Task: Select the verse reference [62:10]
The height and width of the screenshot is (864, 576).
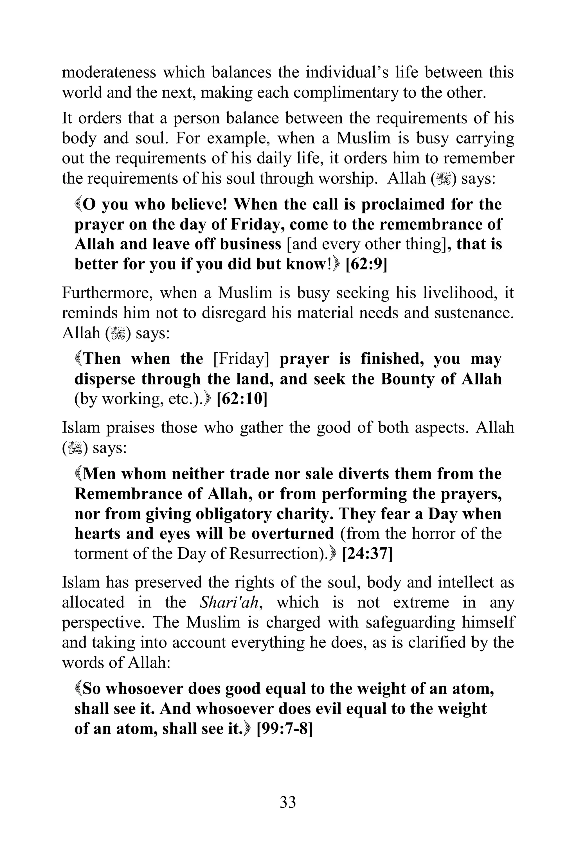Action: [242, 399]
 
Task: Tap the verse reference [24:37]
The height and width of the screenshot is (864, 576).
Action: [367, 553]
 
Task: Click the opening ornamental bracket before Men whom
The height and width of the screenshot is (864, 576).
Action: [78, 474]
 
